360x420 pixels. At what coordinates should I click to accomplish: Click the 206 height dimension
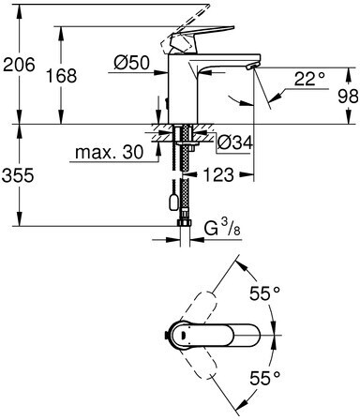(19, 65)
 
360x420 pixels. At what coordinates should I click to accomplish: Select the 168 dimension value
(62, 76)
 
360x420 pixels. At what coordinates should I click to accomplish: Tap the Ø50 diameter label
(131, 64)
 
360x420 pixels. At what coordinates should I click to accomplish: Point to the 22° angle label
(309, 79)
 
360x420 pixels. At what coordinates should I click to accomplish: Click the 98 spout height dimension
(348, 97)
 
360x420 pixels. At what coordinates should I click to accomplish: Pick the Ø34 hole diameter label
(234, 143)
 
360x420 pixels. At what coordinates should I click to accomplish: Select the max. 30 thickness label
(110, 152)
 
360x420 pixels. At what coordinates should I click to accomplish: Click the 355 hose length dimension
(18, 175)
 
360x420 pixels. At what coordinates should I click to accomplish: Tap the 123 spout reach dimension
(218, 174)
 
